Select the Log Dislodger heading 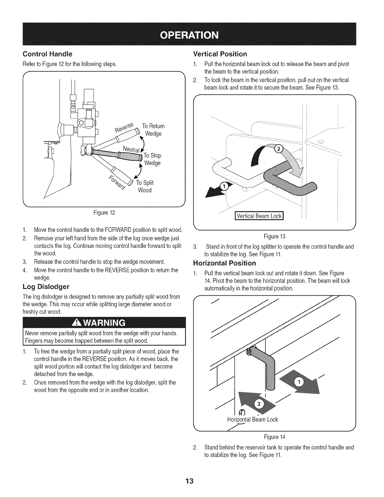click(x=46, y=287)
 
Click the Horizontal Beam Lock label click(x=253, y=420)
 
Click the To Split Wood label click(x=145, y=186)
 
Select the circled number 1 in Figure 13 click(x=224, y=186)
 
